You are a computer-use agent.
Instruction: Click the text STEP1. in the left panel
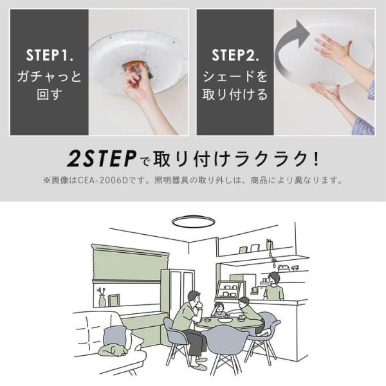click(x=50, y=55)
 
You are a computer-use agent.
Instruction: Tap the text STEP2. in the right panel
click(x=235, y=55)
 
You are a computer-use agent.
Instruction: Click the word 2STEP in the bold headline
click(x=102, y=159)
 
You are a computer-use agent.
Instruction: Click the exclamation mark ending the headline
click(x=316, y=159)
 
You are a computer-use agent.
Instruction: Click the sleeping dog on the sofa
click(x=113, y=349)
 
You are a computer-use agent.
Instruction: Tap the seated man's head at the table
click(x=194, y=299)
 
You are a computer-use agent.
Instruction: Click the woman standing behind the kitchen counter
click(x=274, y=286)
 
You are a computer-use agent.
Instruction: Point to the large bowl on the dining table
click(x=225, y=320)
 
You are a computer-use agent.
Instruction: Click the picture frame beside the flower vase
click(x=114, y=300)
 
